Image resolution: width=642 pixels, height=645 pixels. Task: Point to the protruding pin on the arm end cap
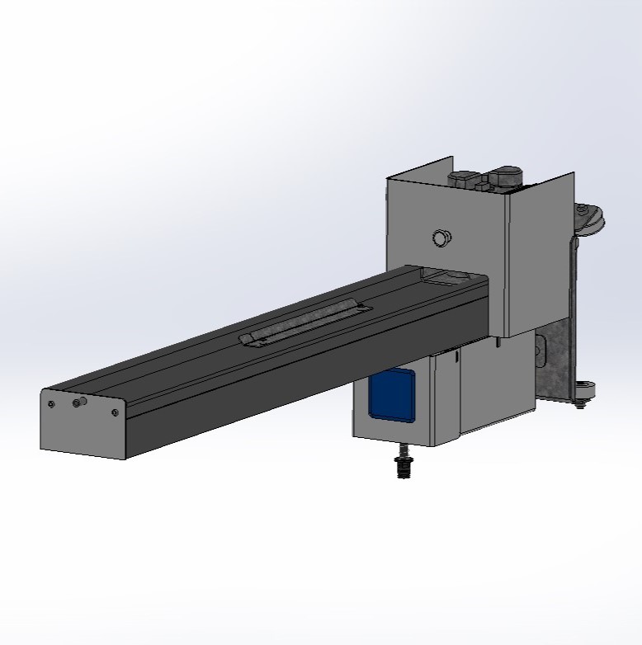80,402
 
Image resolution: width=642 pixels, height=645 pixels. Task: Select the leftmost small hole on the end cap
51,404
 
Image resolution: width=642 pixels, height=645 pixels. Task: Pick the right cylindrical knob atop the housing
505,176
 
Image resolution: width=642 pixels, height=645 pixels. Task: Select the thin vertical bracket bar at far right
571,305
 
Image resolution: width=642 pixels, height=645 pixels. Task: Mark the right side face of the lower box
487,388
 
